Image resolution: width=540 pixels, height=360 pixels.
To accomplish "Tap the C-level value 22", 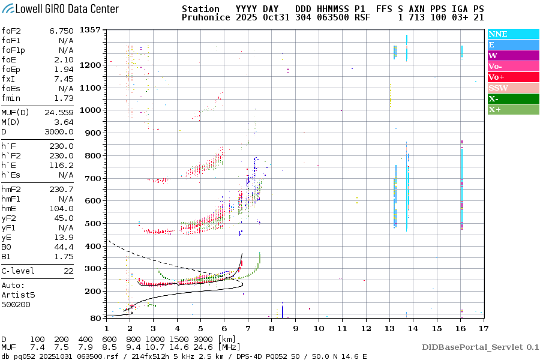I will click(68, 271).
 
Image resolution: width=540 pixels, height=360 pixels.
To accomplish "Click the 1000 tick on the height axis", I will click(89, 110).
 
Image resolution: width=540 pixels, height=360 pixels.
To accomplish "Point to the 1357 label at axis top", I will click(89, 30).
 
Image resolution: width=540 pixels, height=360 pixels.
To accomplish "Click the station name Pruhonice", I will click(206, 18).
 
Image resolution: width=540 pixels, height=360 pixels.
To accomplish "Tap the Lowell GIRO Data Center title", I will click(60, 9).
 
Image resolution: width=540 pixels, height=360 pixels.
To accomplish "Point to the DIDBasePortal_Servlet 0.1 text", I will click(480, 347).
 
